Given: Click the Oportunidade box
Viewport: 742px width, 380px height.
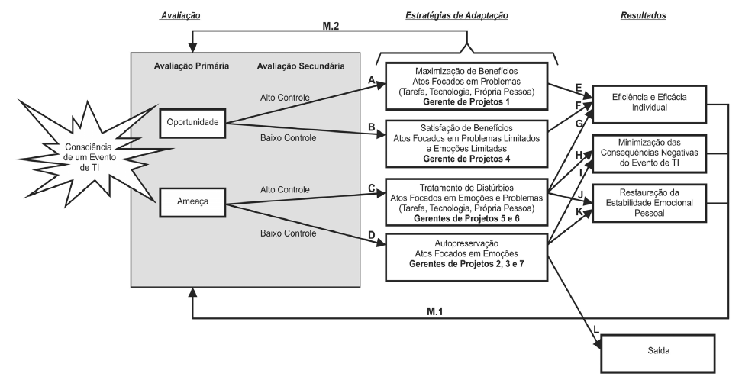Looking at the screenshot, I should click(x=194, y=122).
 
